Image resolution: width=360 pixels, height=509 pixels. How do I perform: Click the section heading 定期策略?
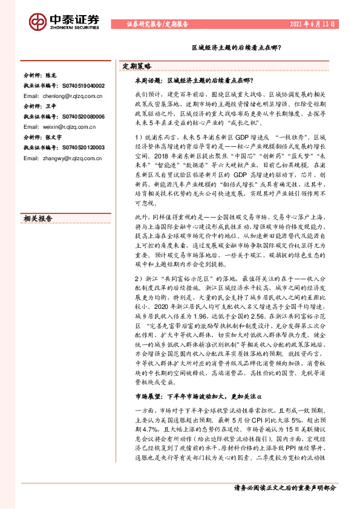click(137, 66)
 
